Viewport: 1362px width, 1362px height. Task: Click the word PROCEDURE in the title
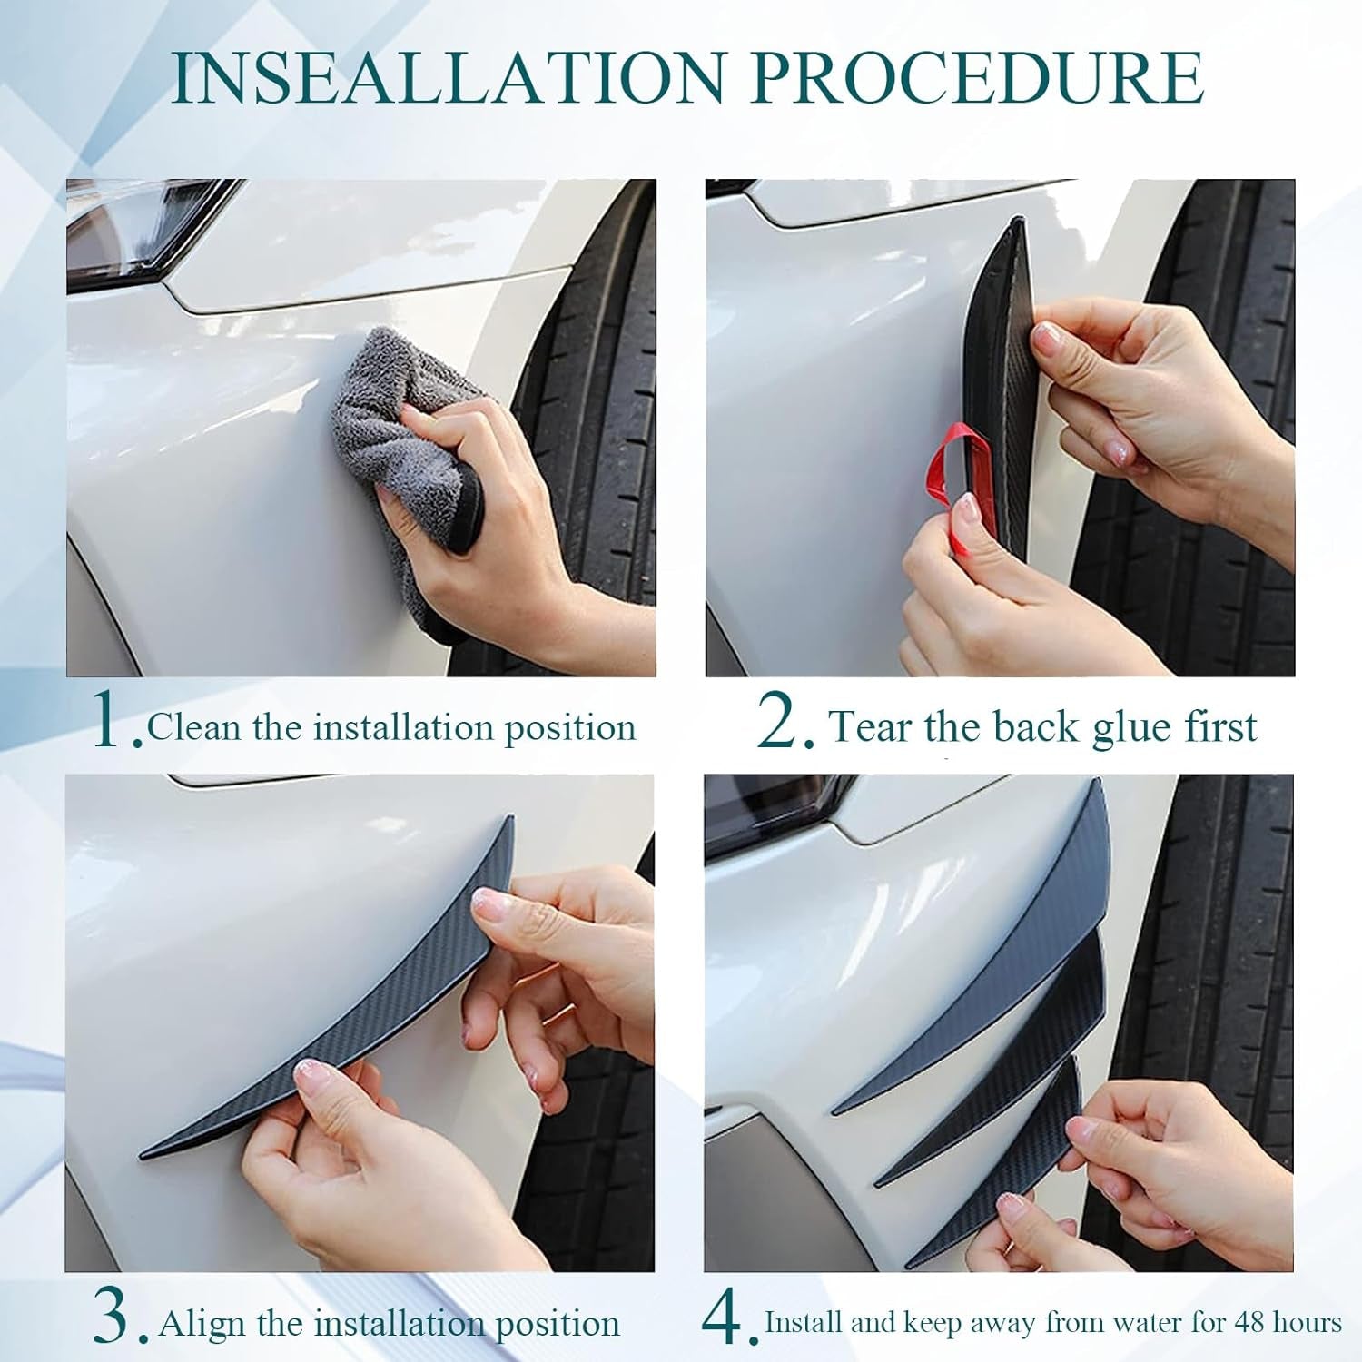coord(978,78)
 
